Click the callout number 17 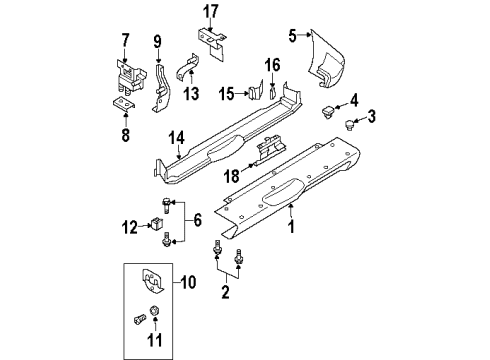point(210,12)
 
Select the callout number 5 point(293,37)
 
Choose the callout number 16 point(271,66)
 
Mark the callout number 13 point(192,95)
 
